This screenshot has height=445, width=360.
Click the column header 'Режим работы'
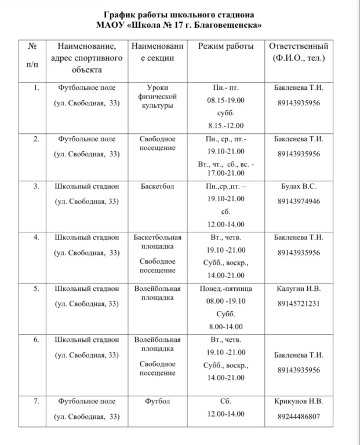point(226,46)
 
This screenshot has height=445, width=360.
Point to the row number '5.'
point(37,289)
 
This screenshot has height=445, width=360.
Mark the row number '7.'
point(37,401)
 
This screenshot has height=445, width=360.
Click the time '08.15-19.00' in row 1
point(226,100)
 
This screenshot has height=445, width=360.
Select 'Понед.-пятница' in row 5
point(226,289)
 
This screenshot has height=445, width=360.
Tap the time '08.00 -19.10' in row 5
point(226,301)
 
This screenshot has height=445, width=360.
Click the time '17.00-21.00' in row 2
point(226,174)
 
